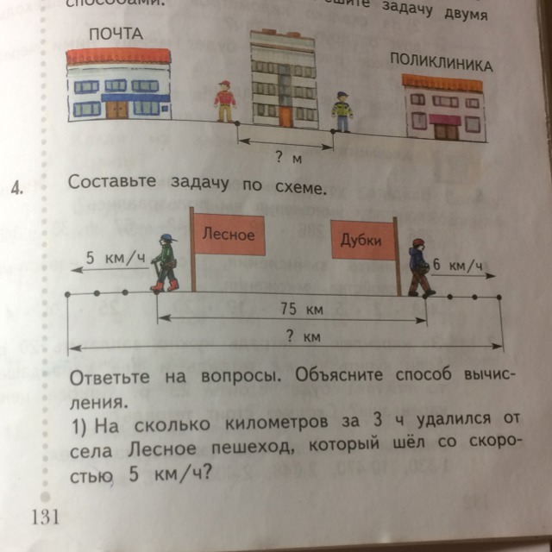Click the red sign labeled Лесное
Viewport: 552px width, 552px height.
(x=229, y=235)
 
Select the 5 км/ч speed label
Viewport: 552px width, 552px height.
(x=115, y=258)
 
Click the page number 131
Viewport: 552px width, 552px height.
(x=45, y=516)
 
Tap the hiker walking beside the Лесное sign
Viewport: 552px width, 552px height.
(x=164, y=262)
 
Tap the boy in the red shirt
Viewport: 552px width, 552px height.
(x=225, y=103)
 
